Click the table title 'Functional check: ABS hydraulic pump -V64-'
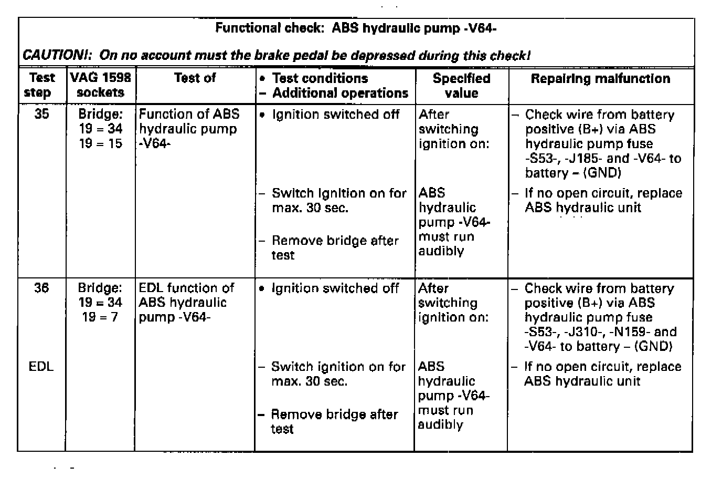point(356,28)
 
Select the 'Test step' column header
point(42,85)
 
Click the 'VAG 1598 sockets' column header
point(101,85)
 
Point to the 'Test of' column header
point(195,78)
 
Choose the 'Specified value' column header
point(461,86)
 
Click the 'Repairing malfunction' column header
point(600,79)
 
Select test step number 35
point(41,114)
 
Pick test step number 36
point(41,288)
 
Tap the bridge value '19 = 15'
point(101,143)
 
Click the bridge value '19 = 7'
point(100,317)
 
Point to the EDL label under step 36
point(41,367)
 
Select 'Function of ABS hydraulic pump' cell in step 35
point(189,129)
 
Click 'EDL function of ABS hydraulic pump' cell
point(186,303)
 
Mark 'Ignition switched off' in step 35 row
point(335,115)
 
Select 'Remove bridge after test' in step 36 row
point(334,421)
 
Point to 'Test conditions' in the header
point(320,78)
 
